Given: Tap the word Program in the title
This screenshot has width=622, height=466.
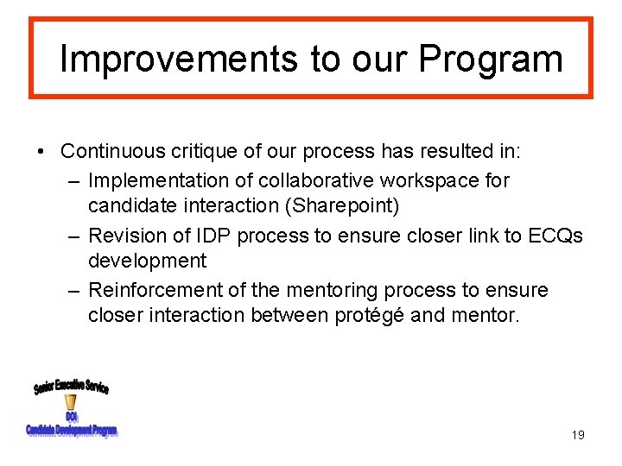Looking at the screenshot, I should [491, 59].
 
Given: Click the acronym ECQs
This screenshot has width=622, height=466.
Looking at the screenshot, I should [552, 236].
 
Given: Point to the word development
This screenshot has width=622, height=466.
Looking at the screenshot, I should [147, 261].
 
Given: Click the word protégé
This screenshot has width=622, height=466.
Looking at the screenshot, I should [371, 316].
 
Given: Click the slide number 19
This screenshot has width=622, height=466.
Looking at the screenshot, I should [578, 435].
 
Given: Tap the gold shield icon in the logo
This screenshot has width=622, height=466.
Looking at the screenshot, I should [71, 402].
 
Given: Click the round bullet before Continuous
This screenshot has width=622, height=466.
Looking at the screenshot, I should [41, 152].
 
